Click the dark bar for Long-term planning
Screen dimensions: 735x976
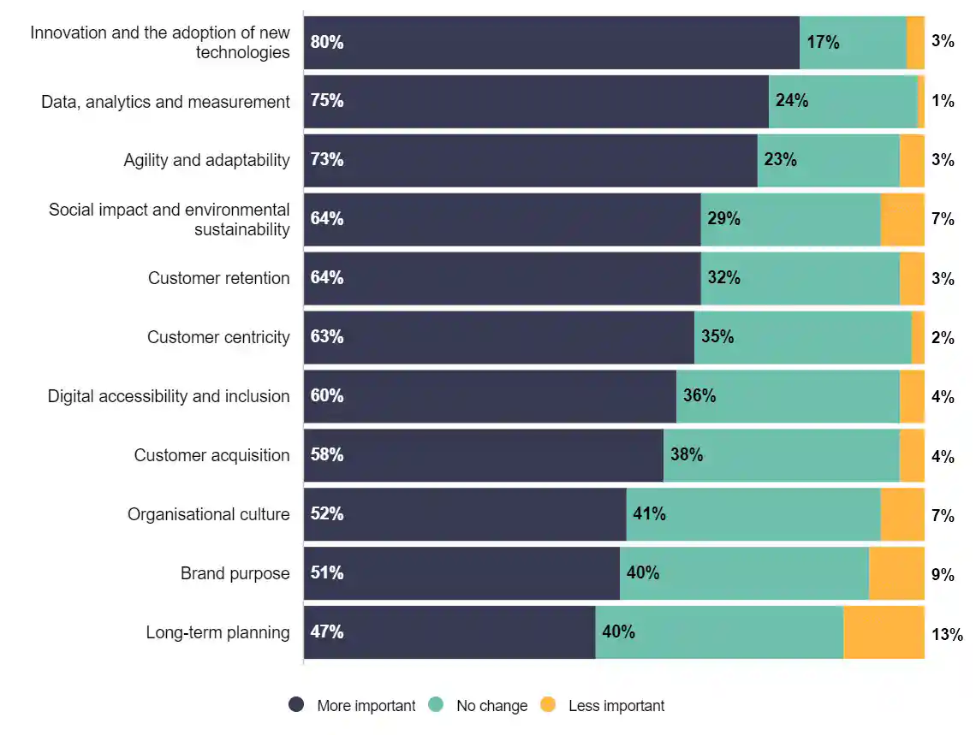click(449, 632)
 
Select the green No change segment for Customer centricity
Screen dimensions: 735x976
click(803, 337)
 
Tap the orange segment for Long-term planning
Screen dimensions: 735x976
click(884, 632)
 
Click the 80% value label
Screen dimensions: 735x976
click(327, 42)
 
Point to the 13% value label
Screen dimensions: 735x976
click(947, 634)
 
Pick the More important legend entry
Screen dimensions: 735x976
click(353, 706)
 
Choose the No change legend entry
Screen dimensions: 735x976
click(479, 706)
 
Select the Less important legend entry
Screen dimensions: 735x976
click(604, 706)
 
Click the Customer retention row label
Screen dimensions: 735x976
click(218, 278)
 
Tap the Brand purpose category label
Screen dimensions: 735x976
click(235, 573)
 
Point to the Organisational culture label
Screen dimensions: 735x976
click(208, 514)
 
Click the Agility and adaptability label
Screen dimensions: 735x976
click(206, 160)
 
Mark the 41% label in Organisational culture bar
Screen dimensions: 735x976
click(649, 514)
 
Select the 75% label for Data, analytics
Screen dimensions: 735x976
click(327, 101)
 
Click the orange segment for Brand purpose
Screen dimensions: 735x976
click(896, 573)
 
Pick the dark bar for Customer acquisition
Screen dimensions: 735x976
click(484, 455)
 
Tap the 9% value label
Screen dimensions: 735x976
click(943, 575)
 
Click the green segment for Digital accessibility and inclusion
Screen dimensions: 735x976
click(788, 396)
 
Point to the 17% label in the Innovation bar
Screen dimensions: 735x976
click(823, 42)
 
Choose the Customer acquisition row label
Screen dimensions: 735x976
click(211, 455)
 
